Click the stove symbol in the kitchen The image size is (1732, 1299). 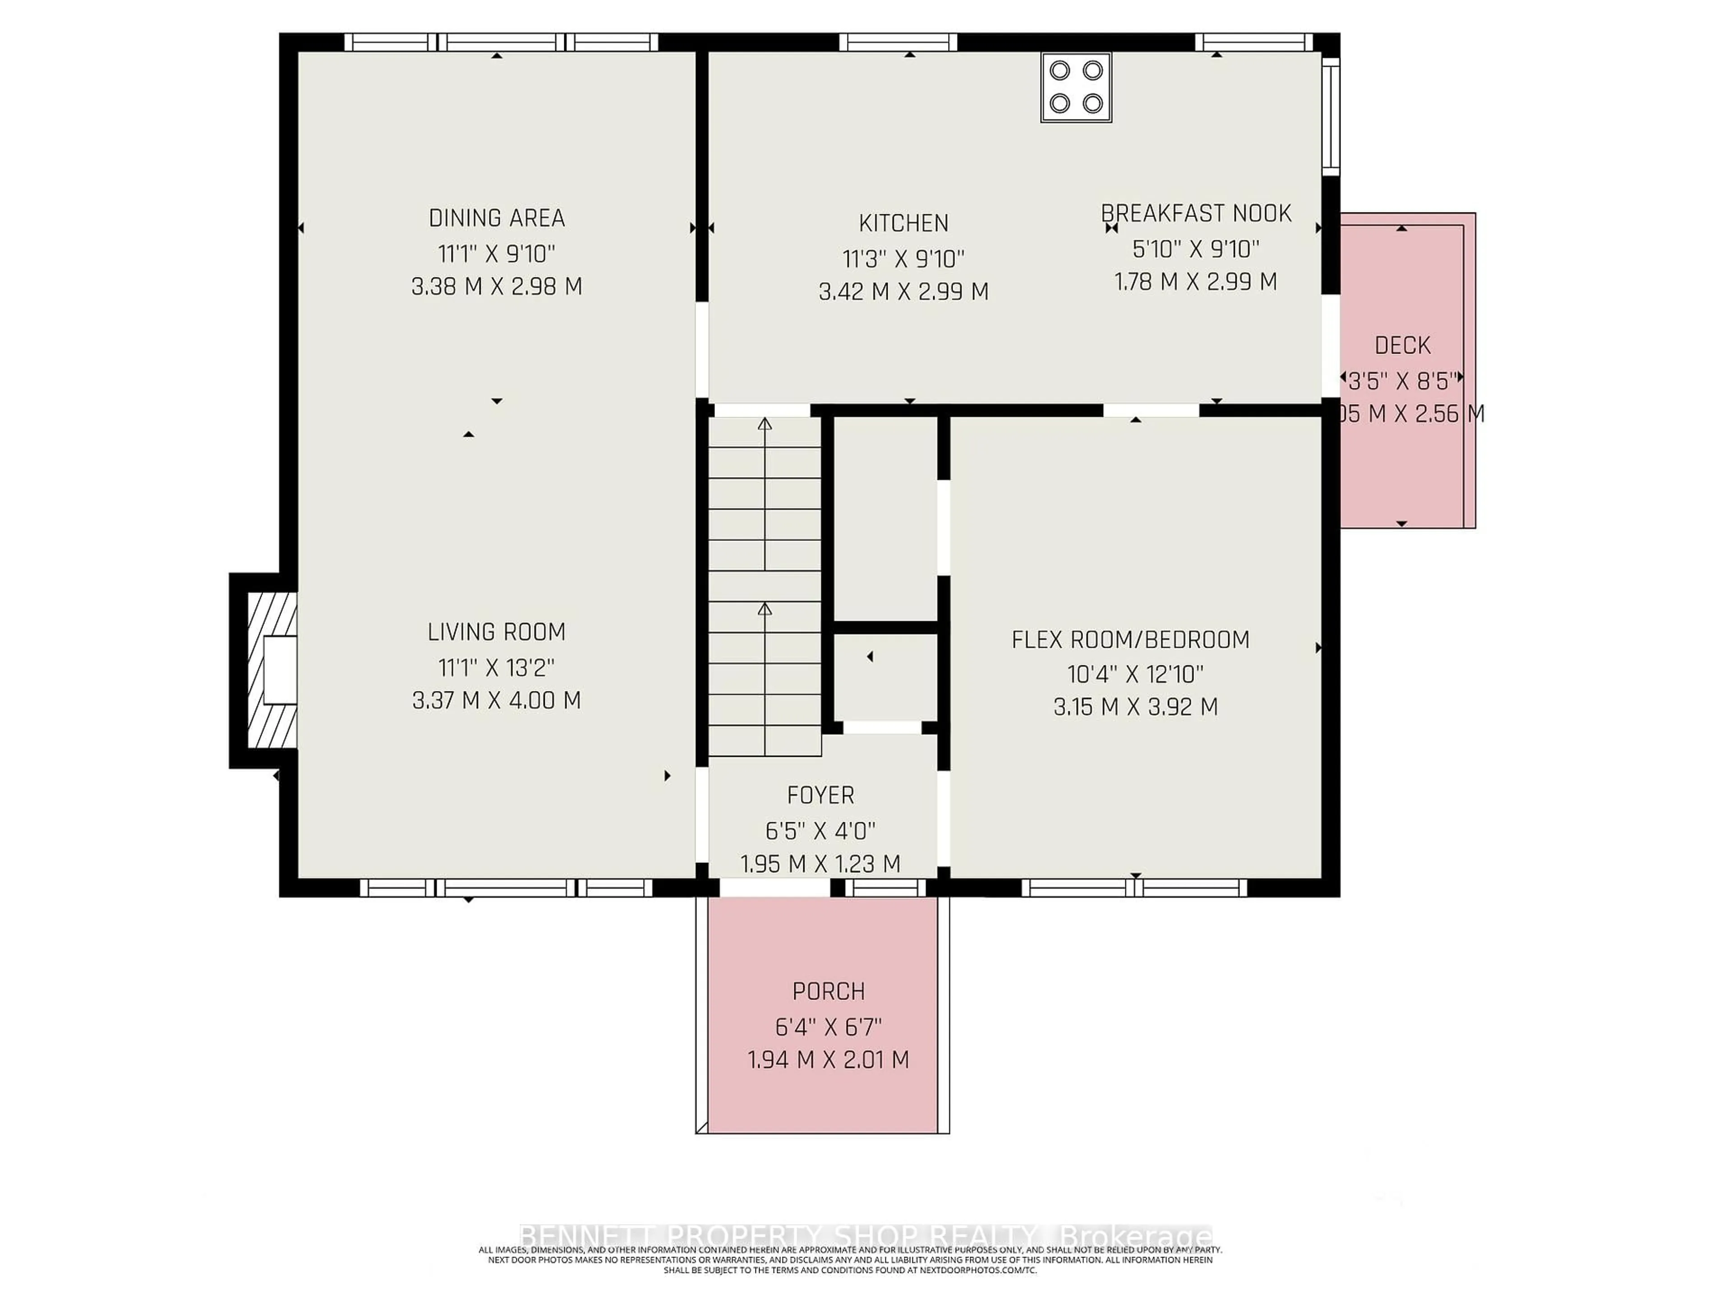coord(1076,87)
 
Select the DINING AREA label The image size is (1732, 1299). coord(497,218)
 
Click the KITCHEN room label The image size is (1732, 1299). coord(903,223)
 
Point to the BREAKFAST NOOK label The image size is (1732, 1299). coord(1196,213)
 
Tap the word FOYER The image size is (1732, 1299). coord(820,795)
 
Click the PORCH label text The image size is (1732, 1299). coord(829,991)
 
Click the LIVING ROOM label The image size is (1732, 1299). coord(497,631)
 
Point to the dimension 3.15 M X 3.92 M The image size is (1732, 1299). coord(1135,707)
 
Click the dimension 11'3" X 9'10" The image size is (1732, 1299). coord(903,258)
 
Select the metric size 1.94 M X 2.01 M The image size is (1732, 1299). coord(829,1060)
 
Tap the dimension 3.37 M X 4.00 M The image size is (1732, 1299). coord(497,700)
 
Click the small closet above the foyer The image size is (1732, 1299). coord(885,677)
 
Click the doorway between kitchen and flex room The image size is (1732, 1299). coord(1151,410)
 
